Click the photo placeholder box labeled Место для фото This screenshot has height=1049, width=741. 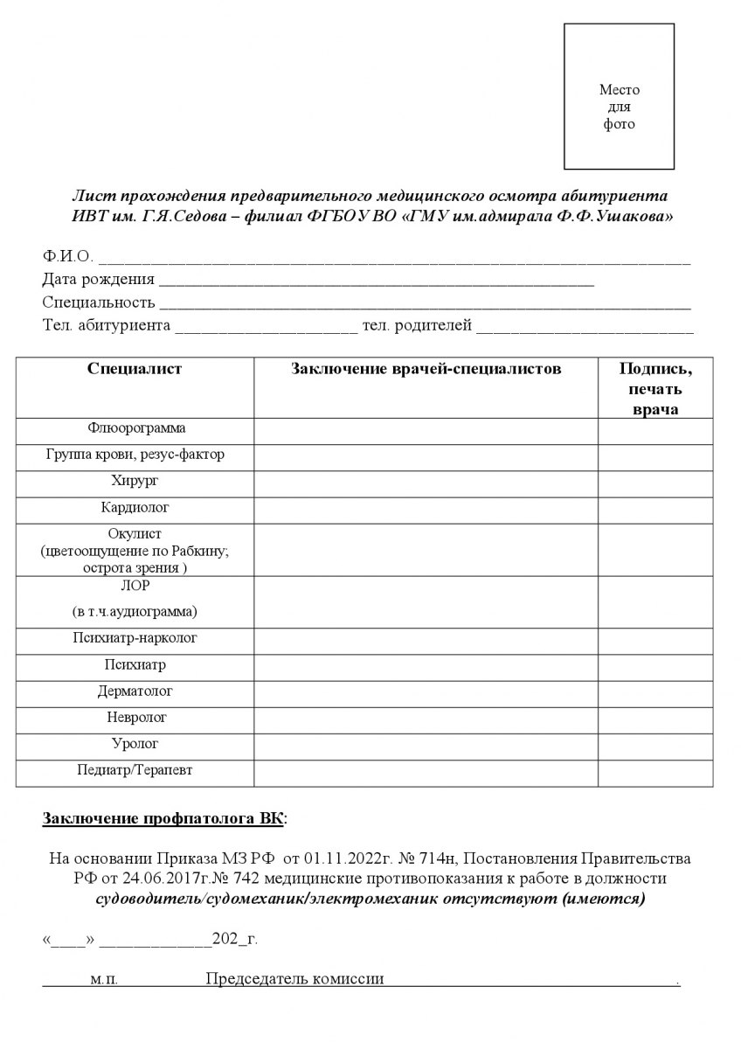[619, 96]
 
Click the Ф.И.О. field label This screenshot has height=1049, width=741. [67, 257]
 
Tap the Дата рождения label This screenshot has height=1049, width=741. [98, 280]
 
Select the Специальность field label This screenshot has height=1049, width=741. [99, 302]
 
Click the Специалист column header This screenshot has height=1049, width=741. [135, 369]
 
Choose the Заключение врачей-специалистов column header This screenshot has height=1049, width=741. [426, 369]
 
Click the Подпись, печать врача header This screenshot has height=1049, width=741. [655, 389]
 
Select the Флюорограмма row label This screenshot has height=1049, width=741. [136, 428]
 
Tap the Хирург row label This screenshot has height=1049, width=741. [135, 481]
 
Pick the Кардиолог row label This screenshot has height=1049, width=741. [135, 507]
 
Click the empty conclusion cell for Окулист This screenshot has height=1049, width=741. [426, 550]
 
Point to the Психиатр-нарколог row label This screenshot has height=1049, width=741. [135, 638]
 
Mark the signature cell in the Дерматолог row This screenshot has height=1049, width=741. [655, 691]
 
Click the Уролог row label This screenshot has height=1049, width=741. [135, 744]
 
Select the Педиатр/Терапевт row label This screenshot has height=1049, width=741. [135, 770]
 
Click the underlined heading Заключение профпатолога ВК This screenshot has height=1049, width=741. [164, 819]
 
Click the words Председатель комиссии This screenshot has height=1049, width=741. [294, 979]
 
